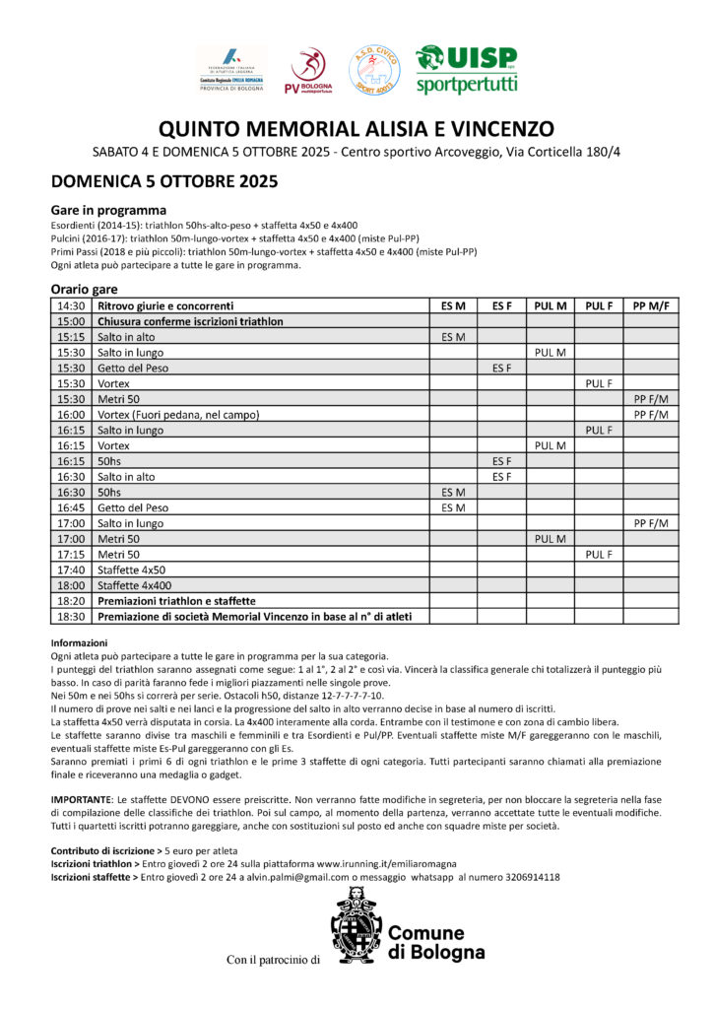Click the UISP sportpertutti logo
tap(466, 69)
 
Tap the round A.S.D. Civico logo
tap(375, 70)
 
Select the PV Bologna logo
tap(308, 71)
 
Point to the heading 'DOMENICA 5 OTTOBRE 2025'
tap(164, 181)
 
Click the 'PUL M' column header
tap(551, 305)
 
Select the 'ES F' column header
tap(501, 305)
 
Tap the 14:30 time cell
tap(71, 305)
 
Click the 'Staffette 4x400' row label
tap(132, 585)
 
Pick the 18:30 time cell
tap(71, 617)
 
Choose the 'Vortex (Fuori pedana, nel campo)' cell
tap(178, 415)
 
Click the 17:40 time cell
tap(71, 570)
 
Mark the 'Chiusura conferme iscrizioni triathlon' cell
tap(190, 321)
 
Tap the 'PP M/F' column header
tap(651, 305)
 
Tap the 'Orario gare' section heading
tap(85, 290)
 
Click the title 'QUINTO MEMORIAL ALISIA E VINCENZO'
tap(357, 129)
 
